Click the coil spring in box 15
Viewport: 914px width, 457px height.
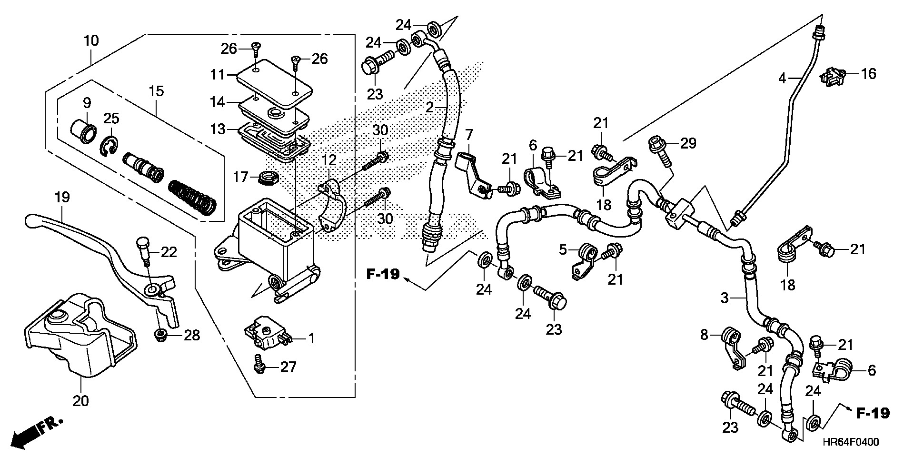tap(193, 197)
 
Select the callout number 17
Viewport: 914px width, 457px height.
tap(241, 177)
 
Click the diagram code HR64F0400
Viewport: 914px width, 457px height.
tap(853, 442)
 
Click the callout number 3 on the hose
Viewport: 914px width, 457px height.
tap(725, 298)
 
